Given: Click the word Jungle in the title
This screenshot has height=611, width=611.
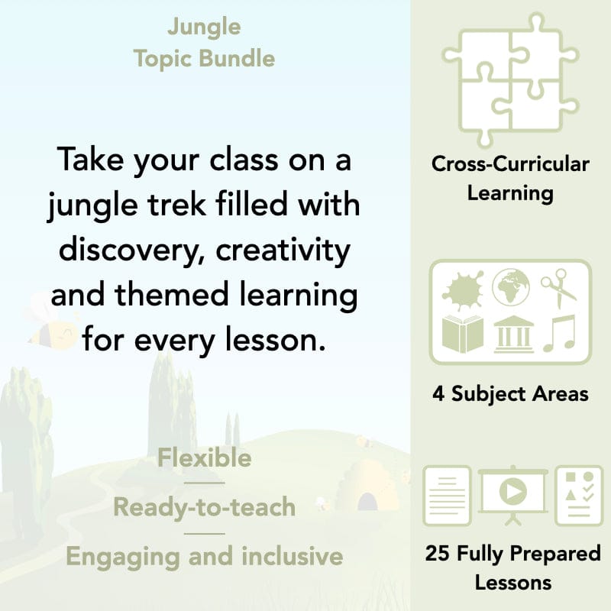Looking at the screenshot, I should click(x=204, y=28).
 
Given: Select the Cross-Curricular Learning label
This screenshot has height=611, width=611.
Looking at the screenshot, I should click(x=510, y=178).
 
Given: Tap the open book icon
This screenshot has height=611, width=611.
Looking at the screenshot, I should click(x=463, y=335).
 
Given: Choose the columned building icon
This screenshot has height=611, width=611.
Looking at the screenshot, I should click(x=513, y=334).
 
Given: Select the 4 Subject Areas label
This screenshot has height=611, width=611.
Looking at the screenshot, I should click(x=510, y=394).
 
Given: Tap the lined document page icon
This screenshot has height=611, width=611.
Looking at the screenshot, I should click(x=448, y=494).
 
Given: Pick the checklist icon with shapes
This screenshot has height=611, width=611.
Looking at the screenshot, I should click(x=578, y=494).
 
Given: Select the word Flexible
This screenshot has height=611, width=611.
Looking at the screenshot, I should click(x=204, y=458).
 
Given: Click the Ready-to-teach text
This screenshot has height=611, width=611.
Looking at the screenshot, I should click(x=204, y=506).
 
